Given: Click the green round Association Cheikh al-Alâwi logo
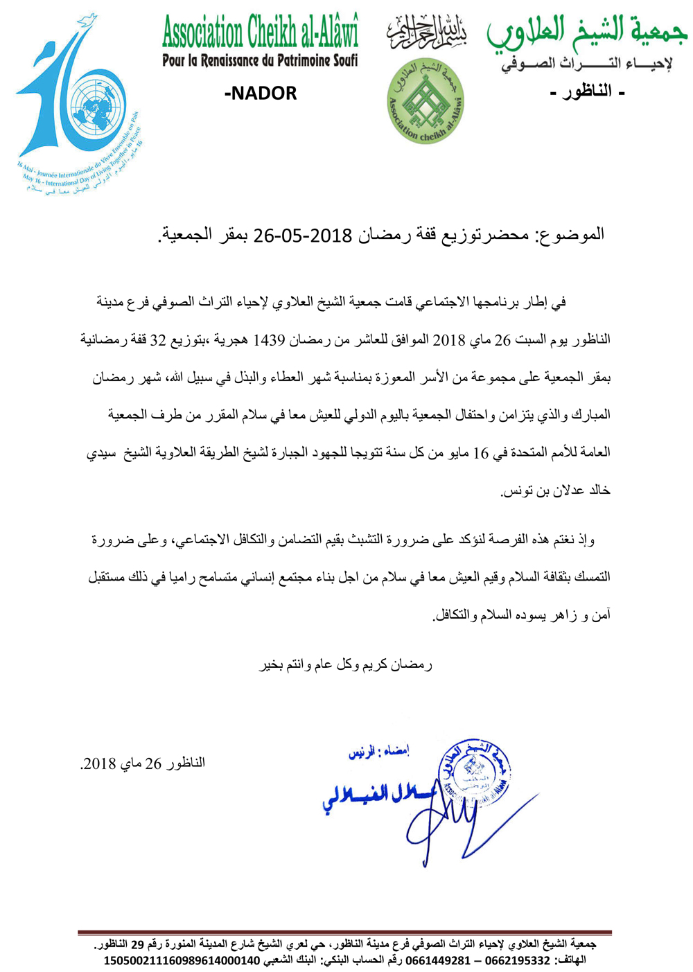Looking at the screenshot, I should coord(425,102).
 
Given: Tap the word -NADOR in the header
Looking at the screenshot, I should coord(261,94).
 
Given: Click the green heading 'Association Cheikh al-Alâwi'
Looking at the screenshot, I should coord(260,33).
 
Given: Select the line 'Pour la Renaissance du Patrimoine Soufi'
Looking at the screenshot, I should coord(260,61).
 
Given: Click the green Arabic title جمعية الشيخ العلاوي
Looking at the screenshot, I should coord(586,32).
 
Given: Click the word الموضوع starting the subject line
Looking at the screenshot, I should coord(572,235).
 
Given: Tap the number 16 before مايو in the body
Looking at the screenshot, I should coord(480,453).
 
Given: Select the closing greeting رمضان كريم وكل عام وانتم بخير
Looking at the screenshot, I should coord(346,665).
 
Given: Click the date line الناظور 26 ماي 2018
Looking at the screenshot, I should coord(143,764).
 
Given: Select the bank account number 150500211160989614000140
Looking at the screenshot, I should coord(182,961).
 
